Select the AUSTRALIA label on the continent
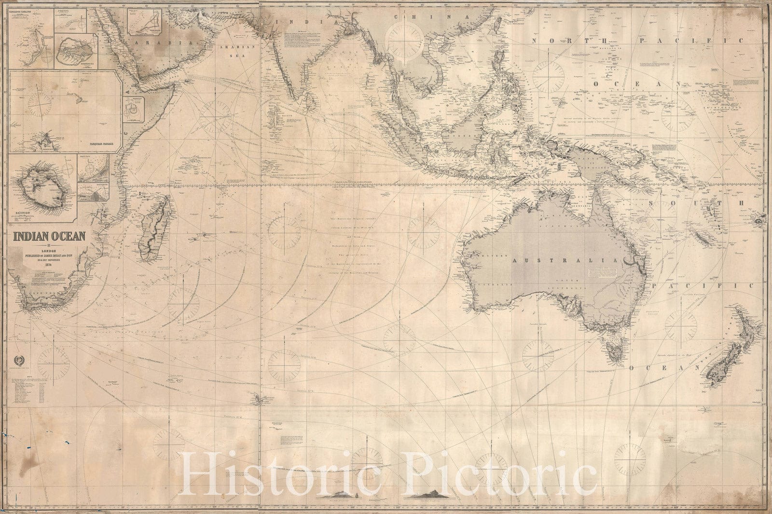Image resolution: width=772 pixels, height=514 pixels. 565,261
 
